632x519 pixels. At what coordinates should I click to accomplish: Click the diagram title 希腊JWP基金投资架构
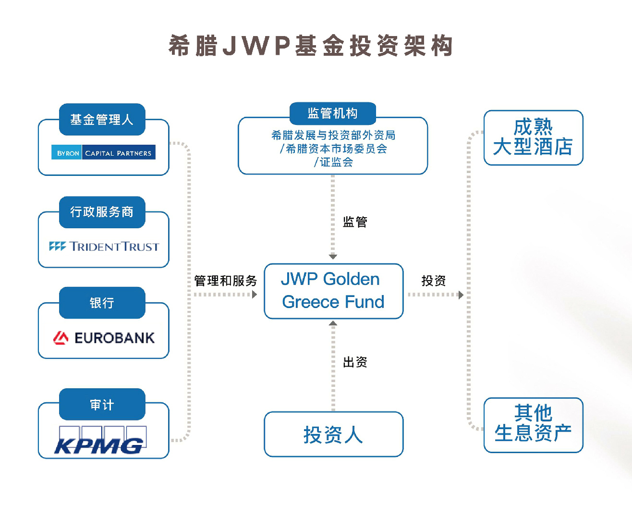(311, 46)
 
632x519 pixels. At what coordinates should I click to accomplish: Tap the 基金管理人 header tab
(102, 119)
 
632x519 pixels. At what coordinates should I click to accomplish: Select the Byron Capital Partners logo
(103, 152)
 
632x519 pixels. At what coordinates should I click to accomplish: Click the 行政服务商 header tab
(102, 212)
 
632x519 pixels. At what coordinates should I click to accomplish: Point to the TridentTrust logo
(104, 247)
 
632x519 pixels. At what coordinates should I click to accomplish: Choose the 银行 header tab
(102, 303)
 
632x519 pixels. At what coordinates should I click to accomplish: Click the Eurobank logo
(104, 338)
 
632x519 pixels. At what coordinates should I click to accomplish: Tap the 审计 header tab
(102, 405)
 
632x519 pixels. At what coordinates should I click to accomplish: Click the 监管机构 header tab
(333, 113)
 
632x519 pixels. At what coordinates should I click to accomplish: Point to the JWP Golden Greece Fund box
(333, 291)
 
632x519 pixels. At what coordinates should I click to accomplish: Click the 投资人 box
(333, 434)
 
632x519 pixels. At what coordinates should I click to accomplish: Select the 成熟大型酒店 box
(533, 137)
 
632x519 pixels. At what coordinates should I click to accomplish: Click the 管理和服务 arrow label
(225, 281)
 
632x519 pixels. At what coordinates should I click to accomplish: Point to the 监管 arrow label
(355, 222)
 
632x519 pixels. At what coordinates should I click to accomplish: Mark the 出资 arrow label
(355, 362)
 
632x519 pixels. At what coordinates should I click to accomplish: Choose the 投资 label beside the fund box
(433, 281)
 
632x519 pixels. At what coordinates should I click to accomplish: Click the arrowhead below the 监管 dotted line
(333, 257)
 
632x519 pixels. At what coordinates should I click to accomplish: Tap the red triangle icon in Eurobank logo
(61, 338)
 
